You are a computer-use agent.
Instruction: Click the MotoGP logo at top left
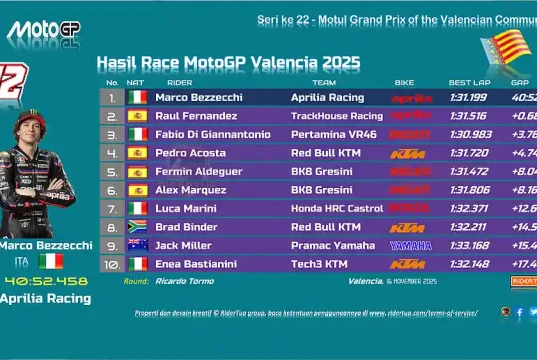[44, 29]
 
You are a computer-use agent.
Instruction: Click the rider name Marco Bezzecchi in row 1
[200, 98]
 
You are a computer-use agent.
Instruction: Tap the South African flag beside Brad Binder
[138, 227]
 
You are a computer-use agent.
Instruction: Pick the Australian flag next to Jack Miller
[138, 245]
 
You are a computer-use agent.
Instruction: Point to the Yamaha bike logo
[404, 245]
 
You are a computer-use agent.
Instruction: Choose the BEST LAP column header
[468, 82]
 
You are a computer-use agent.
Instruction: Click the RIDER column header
[180, 82]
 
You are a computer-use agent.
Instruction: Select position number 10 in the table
[112, 264]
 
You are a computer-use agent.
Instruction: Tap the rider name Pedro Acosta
[190, 153]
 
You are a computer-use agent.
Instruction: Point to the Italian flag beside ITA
[50, 261]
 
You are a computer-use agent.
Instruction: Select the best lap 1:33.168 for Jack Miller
[469, 245]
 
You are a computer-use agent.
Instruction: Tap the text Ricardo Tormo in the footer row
[182, 282]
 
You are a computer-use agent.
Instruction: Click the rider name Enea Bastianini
[196, 264]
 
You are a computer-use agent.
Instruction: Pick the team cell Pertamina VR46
[330, 134]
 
